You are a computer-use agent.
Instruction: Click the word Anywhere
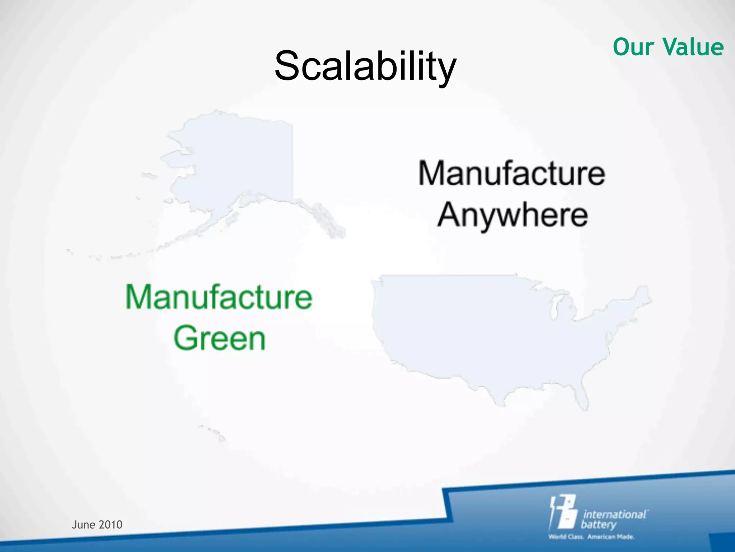pyautogui.click(x=512, y=215)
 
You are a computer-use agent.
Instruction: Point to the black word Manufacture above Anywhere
pyautogui.click(x=512, y=174)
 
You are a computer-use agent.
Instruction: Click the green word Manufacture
pyautogui.click(x=219, y=297)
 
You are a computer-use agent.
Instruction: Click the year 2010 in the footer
pyautogui.click(x=111, y=525)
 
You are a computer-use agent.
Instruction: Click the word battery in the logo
pyautogui.click(x=598, y=525)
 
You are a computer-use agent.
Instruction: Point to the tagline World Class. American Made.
pyautogui.click(x=591, y=537)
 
